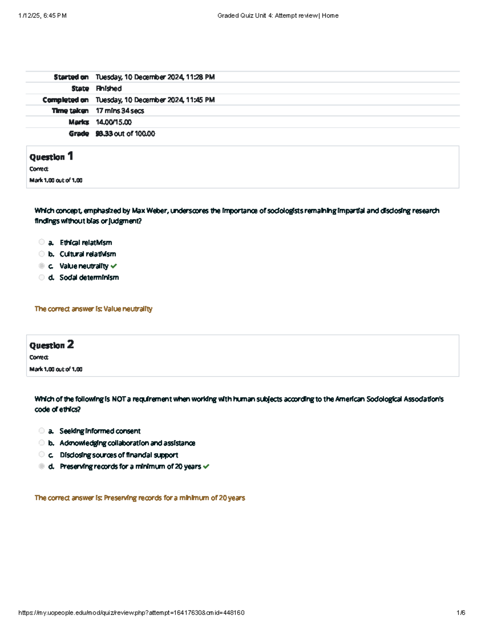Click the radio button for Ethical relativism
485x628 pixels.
pos(42,242)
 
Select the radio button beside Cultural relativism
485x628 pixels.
pos(42,254)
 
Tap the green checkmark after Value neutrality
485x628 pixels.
pos(114,266)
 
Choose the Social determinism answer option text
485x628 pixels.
pos(89,277)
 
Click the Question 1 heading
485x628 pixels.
pos(51,156)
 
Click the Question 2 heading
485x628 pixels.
pos(51,345)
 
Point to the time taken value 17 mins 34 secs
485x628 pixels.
pos(120,111)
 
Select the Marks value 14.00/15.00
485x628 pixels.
pos(114,122)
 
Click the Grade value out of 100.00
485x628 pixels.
pos(125,133)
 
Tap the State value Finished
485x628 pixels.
pos(109,88)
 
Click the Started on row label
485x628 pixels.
pos(71,77)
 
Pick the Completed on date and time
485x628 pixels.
pos(155,99)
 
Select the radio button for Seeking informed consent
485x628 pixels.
pos(42,431)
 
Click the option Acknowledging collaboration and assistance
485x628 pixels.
pos(127,443)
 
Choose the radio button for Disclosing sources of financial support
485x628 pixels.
pos(42,454)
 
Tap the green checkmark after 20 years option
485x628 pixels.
pos(207,467)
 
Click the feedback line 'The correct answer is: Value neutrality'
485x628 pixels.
pos(93,309)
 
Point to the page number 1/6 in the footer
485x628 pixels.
pos(461,613)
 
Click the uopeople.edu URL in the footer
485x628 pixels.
pos(131,613)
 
